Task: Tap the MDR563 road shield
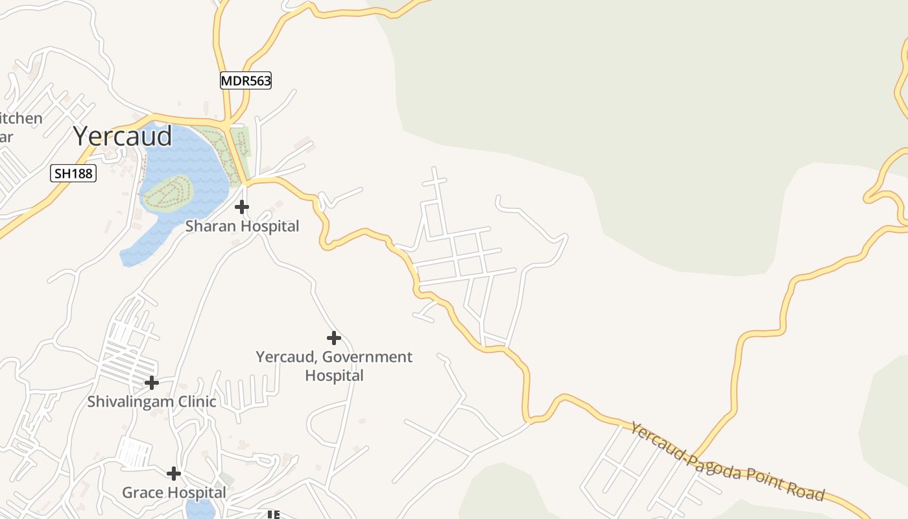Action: click(x=245, y=80)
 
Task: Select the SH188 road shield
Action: click(x=73, y=173)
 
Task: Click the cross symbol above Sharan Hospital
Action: click(x=242, y=207)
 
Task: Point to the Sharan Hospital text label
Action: click(x=242, y=226)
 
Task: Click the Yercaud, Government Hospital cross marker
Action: click(x=334, y=338)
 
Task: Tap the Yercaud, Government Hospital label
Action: click(x=334, y=366)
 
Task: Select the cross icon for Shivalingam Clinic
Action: click(x=151, y=383)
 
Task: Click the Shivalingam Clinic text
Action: click(x=152, y=402)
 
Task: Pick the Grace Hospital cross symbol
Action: click(x=173, y=474)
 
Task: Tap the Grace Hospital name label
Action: click(x=174, y=493)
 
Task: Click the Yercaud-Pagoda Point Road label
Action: click(x=727, y=461)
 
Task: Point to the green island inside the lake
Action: click(x=168, y=193)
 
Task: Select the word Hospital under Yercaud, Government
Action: click(x=334, y=376)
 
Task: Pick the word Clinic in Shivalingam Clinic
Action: click(x=195, y=402)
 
